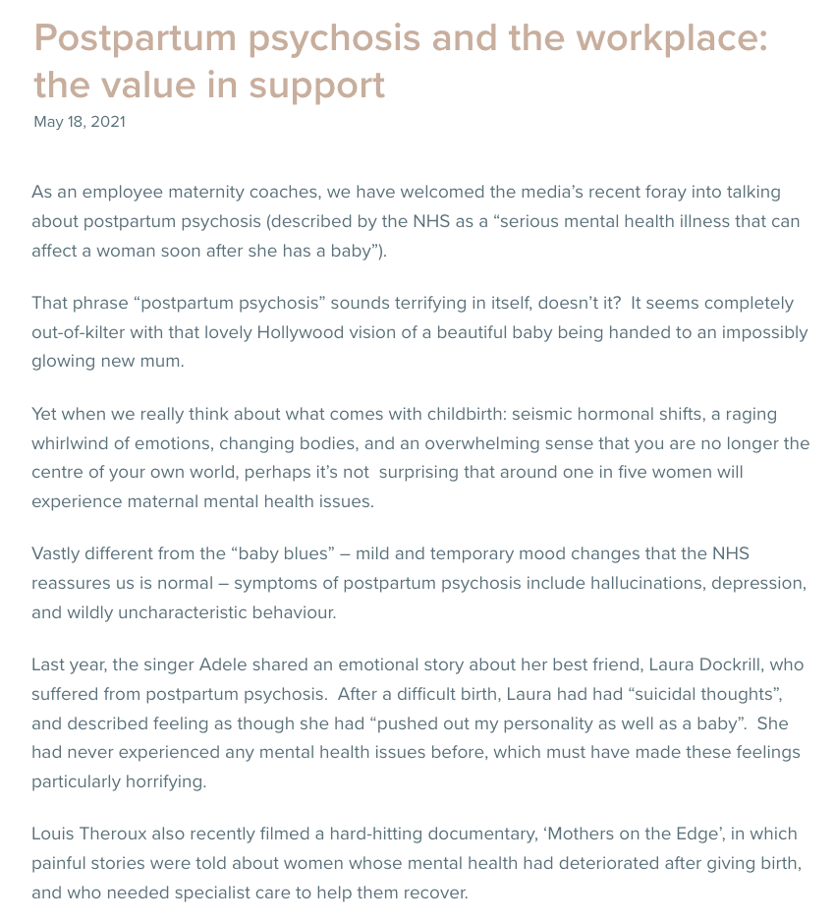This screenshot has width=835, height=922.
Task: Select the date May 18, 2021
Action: pos(80,123)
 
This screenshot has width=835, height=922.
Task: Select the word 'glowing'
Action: pos(65,361)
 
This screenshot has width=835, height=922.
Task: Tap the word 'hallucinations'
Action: pos(650,583)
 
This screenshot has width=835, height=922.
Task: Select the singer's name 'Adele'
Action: pos(224,665)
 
